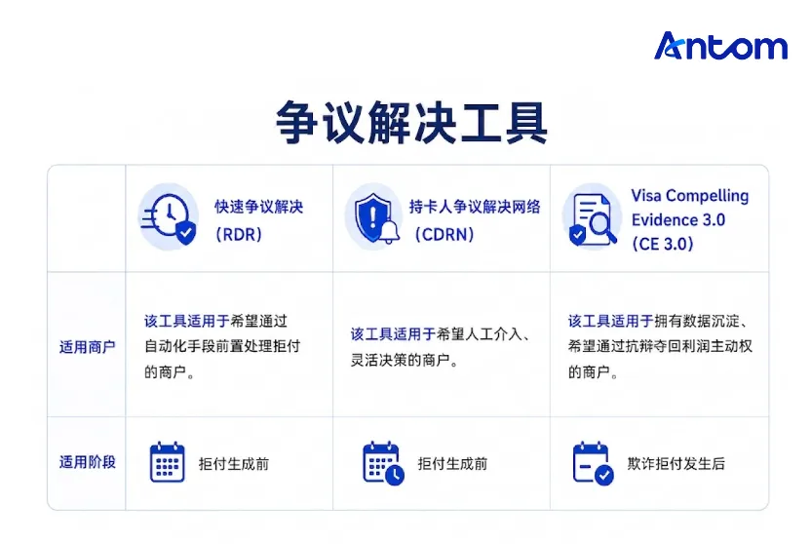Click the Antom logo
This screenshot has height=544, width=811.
(x=720, y=46)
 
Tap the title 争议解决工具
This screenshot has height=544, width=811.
(x=411, y=123)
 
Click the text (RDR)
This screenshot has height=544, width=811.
(x=239, y=235)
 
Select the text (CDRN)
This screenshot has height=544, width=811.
(x=444, y=235)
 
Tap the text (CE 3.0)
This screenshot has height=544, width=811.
(x=663, y=244)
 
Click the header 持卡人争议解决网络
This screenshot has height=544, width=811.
(x=475, y=207)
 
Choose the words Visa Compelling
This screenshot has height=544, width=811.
(x=690, y=196)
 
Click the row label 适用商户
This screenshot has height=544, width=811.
(x=88, y=347)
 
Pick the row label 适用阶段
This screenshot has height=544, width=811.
(x=88, y=462)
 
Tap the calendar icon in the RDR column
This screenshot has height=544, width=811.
(x=167, y=462)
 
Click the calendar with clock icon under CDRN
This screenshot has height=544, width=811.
(x=383, y=463)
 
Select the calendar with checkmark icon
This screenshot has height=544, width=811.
(x=594, y=463)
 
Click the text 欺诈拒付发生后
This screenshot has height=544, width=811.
(x=676, y=464)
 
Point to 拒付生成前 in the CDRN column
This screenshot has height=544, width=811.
(x=452, y=464)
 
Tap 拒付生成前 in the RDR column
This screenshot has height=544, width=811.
(x=234, y=464)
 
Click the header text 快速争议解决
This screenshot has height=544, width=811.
(x=259, y=207)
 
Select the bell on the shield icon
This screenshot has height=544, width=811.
(x=390, y=232)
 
